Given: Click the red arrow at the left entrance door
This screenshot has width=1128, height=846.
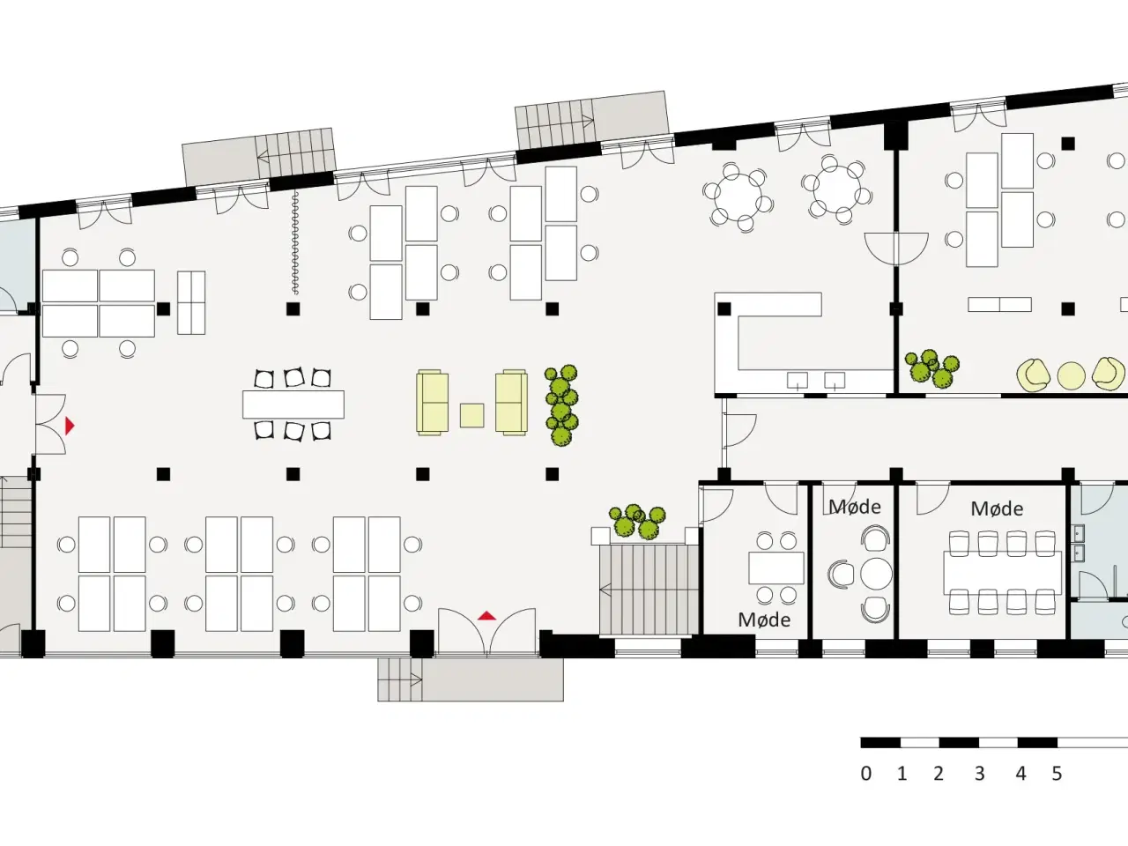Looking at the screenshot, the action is coord(70,426).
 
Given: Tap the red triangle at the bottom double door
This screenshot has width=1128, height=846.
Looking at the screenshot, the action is coord(486,615).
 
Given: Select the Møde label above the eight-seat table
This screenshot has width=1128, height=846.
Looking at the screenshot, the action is coord(997,508).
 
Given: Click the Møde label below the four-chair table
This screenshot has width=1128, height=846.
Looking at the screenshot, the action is coord(764,620).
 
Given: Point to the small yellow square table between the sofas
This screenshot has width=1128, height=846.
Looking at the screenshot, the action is coord(471,416).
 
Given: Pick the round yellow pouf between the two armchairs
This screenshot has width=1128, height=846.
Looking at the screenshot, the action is coord(1071,375).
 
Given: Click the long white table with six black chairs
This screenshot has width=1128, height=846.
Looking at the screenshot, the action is coord(293,404).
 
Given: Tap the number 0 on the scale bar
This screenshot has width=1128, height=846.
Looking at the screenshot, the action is coord(866,773).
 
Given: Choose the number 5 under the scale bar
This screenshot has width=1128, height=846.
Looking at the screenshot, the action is coord(1057,773).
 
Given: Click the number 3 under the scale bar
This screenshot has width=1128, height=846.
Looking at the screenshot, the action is coord(979,773).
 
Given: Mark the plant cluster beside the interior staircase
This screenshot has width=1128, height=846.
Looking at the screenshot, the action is coord(637,521).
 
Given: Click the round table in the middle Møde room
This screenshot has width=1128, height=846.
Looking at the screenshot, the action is coord(877,574).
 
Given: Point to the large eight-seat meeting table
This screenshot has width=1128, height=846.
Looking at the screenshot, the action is coord(1003,573).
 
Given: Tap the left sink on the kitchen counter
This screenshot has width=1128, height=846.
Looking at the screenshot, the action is coord(797,381).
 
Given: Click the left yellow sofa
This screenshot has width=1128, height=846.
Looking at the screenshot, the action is coord(432,403).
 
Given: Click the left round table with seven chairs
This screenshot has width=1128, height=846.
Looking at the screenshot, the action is coord(738,197).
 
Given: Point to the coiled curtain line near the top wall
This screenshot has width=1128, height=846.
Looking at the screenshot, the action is coord(295,242).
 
